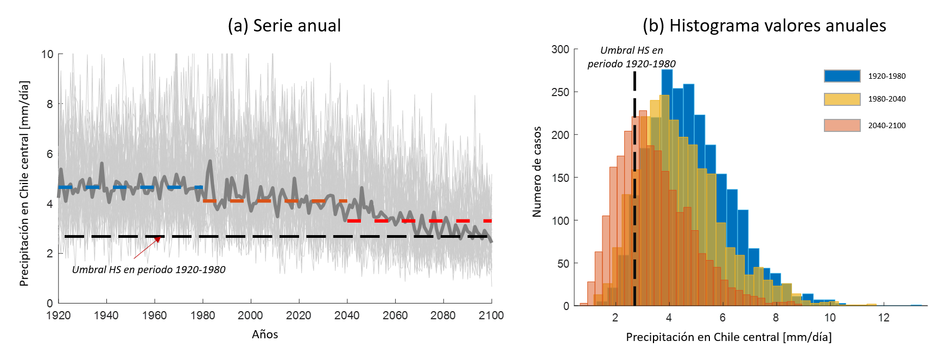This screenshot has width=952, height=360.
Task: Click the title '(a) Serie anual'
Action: (284, 26)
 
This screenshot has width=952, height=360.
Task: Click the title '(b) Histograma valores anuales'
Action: (764, 26)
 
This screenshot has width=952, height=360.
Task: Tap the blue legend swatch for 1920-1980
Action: (842, 76)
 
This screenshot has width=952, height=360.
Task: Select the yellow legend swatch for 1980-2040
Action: (842, 99)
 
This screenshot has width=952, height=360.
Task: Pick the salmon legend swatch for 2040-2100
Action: (842, 125)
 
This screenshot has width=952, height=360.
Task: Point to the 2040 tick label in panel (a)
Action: (347, 315)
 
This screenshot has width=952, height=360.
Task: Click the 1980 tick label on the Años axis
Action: (202, 315)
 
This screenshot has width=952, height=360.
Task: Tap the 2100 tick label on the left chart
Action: (491, 315)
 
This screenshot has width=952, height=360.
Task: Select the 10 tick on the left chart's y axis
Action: (47, 54)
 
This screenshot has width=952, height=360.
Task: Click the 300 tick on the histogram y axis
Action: (560, 49)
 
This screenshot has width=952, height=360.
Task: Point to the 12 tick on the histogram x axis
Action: (884, 318)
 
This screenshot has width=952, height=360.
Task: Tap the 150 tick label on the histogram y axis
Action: (560, 178)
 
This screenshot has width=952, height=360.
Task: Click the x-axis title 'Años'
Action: (265, 334)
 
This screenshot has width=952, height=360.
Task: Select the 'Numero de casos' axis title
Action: (537, 172)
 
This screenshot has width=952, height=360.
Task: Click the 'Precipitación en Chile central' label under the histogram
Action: (728, 337)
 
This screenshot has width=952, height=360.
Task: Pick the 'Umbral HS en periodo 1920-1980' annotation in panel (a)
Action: (149, 270)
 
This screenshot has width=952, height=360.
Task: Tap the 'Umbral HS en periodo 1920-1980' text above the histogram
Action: (632, 57)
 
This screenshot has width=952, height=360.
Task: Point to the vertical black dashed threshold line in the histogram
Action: (634, 217)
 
